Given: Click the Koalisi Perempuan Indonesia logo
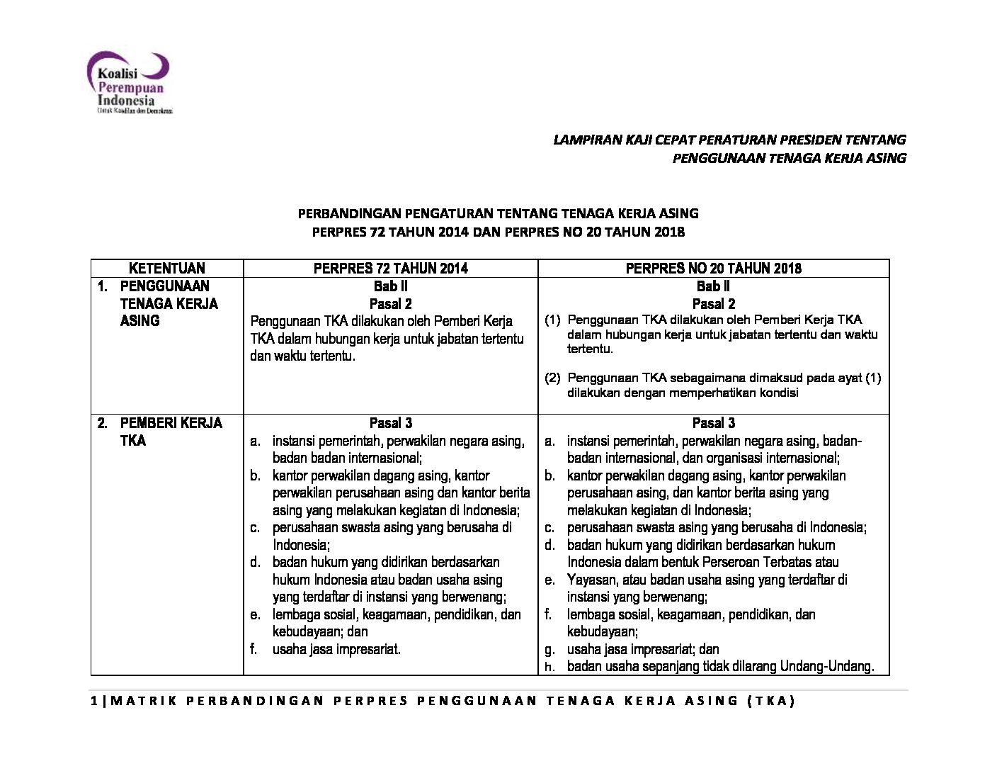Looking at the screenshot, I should coord(128,82).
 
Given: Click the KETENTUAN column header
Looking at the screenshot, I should coord(166,268).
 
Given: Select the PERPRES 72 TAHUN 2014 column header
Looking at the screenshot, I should coord(390,268).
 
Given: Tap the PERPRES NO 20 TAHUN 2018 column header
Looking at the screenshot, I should coord(713,268).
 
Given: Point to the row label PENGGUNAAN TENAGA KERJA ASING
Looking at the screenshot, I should coord(169,303).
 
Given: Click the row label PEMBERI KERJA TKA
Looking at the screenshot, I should coord(171,432).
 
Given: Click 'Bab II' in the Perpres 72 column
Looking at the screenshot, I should coord(390,286).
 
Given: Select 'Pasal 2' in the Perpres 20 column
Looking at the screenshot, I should coord(713,304).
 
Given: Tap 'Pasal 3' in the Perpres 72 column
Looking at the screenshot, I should coord(390,423).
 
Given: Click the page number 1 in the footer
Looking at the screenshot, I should coord(95,701).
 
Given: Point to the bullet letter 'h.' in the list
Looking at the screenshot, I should coord(549,667).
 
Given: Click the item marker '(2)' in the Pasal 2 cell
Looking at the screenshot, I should coord(552,378).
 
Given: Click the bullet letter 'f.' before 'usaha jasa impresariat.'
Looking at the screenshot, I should coord(253,649).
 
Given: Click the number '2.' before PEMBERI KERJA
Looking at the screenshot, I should coord(103,423).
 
